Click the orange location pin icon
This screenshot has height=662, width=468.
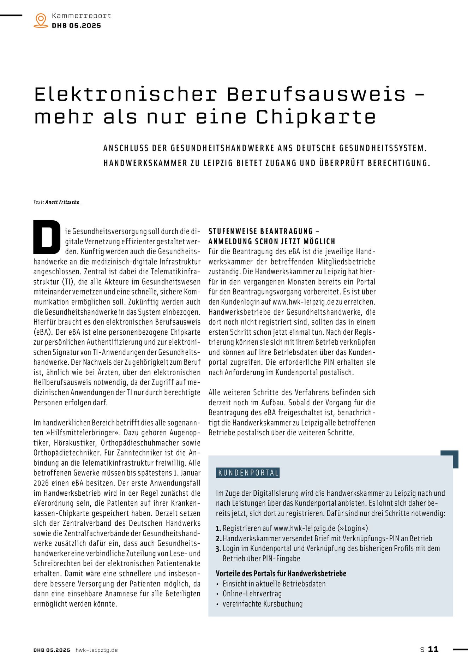[41, 20]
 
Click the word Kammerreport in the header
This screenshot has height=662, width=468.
[81, 16]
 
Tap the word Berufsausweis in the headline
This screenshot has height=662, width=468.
[316, 94]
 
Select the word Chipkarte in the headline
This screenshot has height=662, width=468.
[316, 117]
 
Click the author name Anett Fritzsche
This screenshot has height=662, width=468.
[63, 202]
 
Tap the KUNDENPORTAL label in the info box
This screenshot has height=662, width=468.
[248, 473]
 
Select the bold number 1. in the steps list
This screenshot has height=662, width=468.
[218, 529]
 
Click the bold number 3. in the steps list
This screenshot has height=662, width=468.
[218, 549]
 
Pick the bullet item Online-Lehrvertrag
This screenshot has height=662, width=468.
[252, 594]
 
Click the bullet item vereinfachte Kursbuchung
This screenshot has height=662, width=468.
[263, 604]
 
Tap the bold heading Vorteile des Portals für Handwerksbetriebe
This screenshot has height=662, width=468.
[281, 574]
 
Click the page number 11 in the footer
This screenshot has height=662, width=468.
[433, 649]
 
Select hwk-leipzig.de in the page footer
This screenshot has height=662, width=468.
[97, 650]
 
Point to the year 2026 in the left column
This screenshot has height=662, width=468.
[41, 483]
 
